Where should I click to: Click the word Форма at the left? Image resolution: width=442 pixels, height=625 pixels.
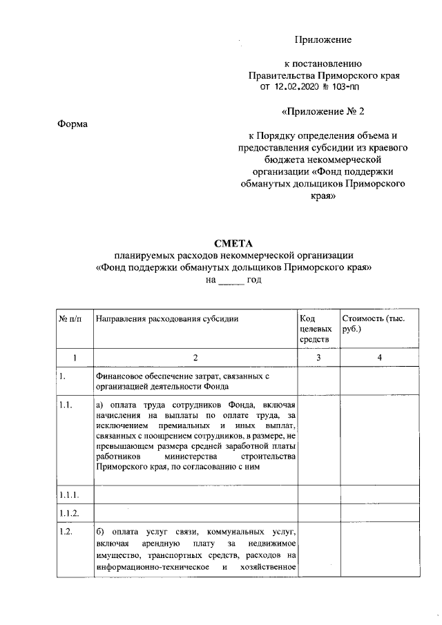pos(73,124)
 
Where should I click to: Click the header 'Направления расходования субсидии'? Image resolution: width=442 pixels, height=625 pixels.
pos(167,318)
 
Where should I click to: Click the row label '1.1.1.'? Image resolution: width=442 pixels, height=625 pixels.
pos(69,495)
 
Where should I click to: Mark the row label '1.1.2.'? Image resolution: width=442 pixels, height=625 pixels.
pos(69,513)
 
